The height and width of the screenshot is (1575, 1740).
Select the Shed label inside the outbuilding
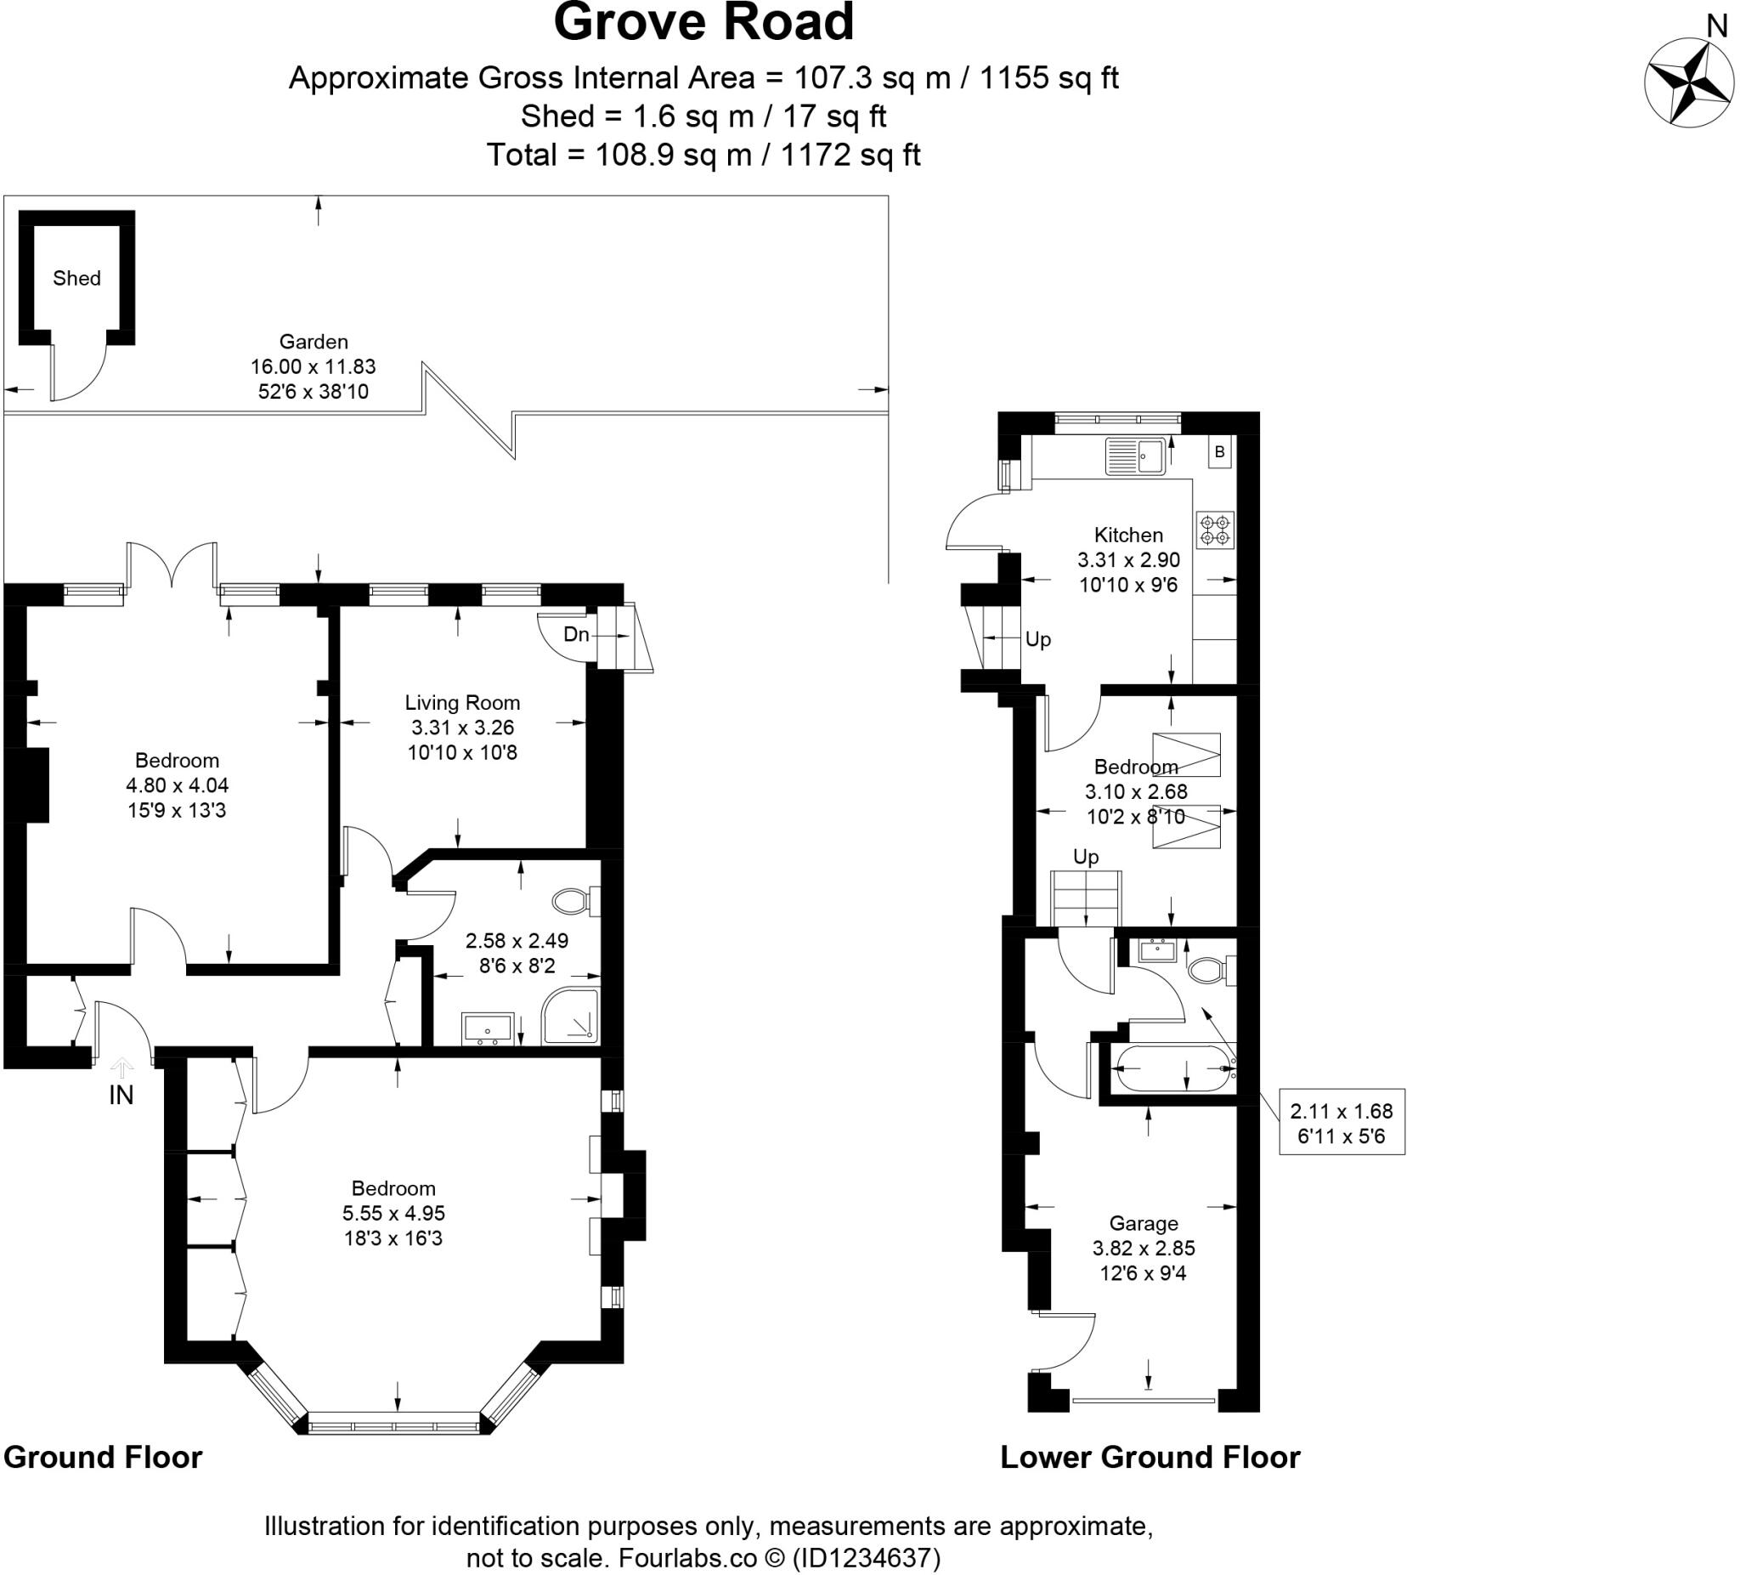[x=76, y=278]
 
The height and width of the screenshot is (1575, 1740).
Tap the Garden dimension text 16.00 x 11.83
[x=314, y=367]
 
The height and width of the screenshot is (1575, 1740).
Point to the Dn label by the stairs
[x=576, y=635]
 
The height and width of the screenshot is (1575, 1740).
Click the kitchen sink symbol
[x=1136, y=456]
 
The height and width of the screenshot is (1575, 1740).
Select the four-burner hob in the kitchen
[x=1214, y=530]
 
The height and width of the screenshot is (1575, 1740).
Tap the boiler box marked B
[x=1219, y=451]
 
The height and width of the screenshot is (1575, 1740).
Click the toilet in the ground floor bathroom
[x=574, y=903]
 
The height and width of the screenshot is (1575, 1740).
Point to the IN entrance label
[x=121, y=1095]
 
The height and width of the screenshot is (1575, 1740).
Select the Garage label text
[x=1144, y=1224]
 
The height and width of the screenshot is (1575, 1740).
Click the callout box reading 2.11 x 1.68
[x=1342, y=1123]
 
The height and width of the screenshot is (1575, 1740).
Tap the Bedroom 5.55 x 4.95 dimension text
[x=393, y=1213]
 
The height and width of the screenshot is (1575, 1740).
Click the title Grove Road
[x=703, y=23]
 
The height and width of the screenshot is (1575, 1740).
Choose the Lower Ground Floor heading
[x=1150, y=1457]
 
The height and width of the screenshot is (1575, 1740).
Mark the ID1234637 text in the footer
[x=866, y=1558]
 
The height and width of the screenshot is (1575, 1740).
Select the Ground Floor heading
[x=103, y=1457]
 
